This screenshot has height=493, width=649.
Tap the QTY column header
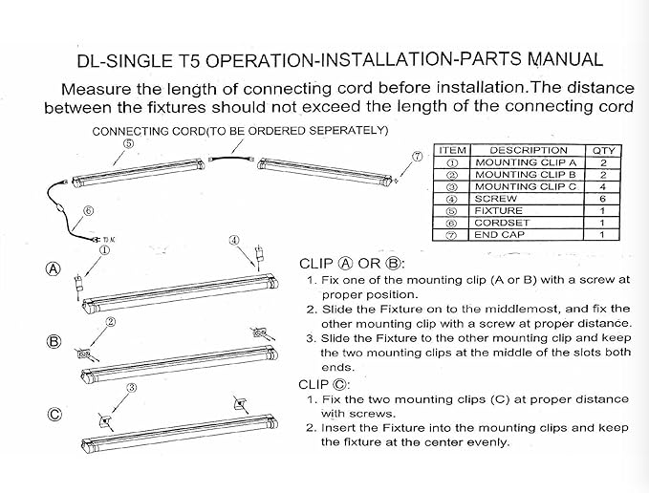[x=603, y=151]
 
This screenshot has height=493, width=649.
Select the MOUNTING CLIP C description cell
[x=526, y=186]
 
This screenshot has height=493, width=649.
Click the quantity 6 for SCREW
[x=602, y=199]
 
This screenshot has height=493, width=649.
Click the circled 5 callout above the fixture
[x=129, y=143]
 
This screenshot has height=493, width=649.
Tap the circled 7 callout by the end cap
[x=417, y=157]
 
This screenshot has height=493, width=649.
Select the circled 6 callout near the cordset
[x=88, y=211]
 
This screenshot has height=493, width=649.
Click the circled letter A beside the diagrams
[x=53, y=269]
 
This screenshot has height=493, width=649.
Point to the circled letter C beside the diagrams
[x=54, y=414]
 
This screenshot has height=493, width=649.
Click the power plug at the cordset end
[x=97, y=239]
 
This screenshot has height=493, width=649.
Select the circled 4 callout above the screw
[x=234, y=240]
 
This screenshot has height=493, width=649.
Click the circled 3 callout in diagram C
[x=132, y=388]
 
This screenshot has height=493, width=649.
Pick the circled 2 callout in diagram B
[x=111, y=322]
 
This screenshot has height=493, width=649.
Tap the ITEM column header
[x=452, y=150]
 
